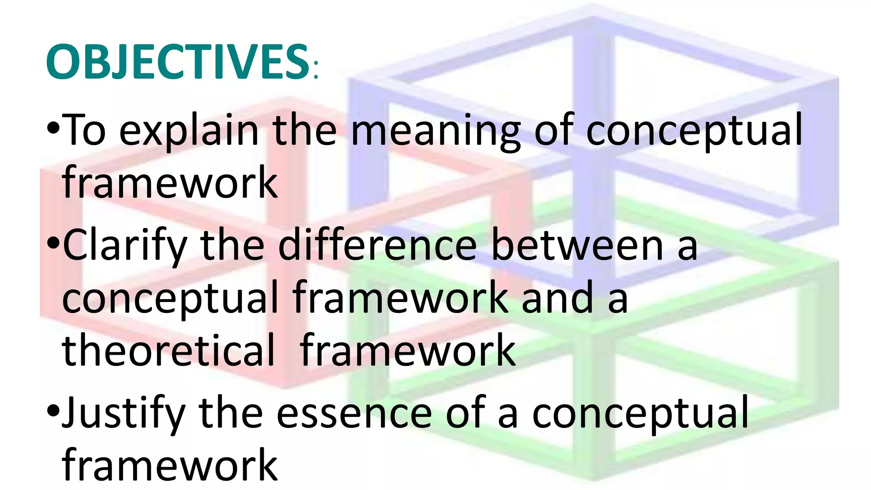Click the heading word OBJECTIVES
pos(177,62)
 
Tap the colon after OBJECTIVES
pos(315,71)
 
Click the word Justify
pos(124,413)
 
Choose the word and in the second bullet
pos(557,298)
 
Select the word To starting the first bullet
pos(85,130)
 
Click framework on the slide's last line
pos(170,464)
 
